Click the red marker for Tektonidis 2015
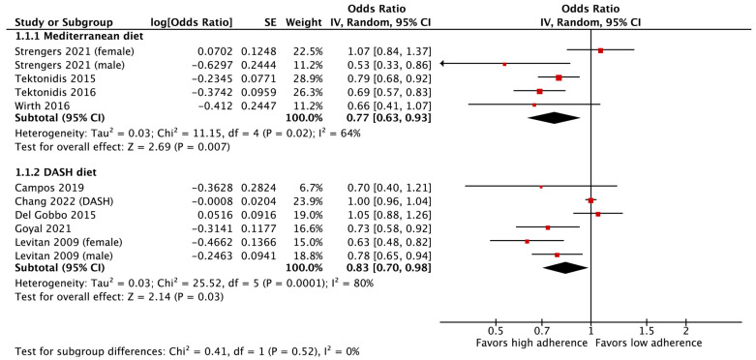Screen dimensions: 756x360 (x=559, y=77)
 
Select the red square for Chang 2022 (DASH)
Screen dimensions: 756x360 (x=590, y=200)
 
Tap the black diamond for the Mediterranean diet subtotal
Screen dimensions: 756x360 (x=554, y=118)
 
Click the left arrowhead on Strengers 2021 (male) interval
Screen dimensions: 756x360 (x=442, y=64)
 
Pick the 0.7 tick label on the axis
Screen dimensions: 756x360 (x=542, y=332)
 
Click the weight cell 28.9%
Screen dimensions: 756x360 (x=311, y=77)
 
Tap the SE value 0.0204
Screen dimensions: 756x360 (x=263, y=200)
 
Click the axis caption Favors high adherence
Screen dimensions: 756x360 (x=531, y=344)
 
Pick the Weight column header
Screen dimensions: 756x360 (x=303, y=22)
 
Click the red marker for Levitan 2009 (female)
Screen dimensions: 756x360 (x=527, y=241)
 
